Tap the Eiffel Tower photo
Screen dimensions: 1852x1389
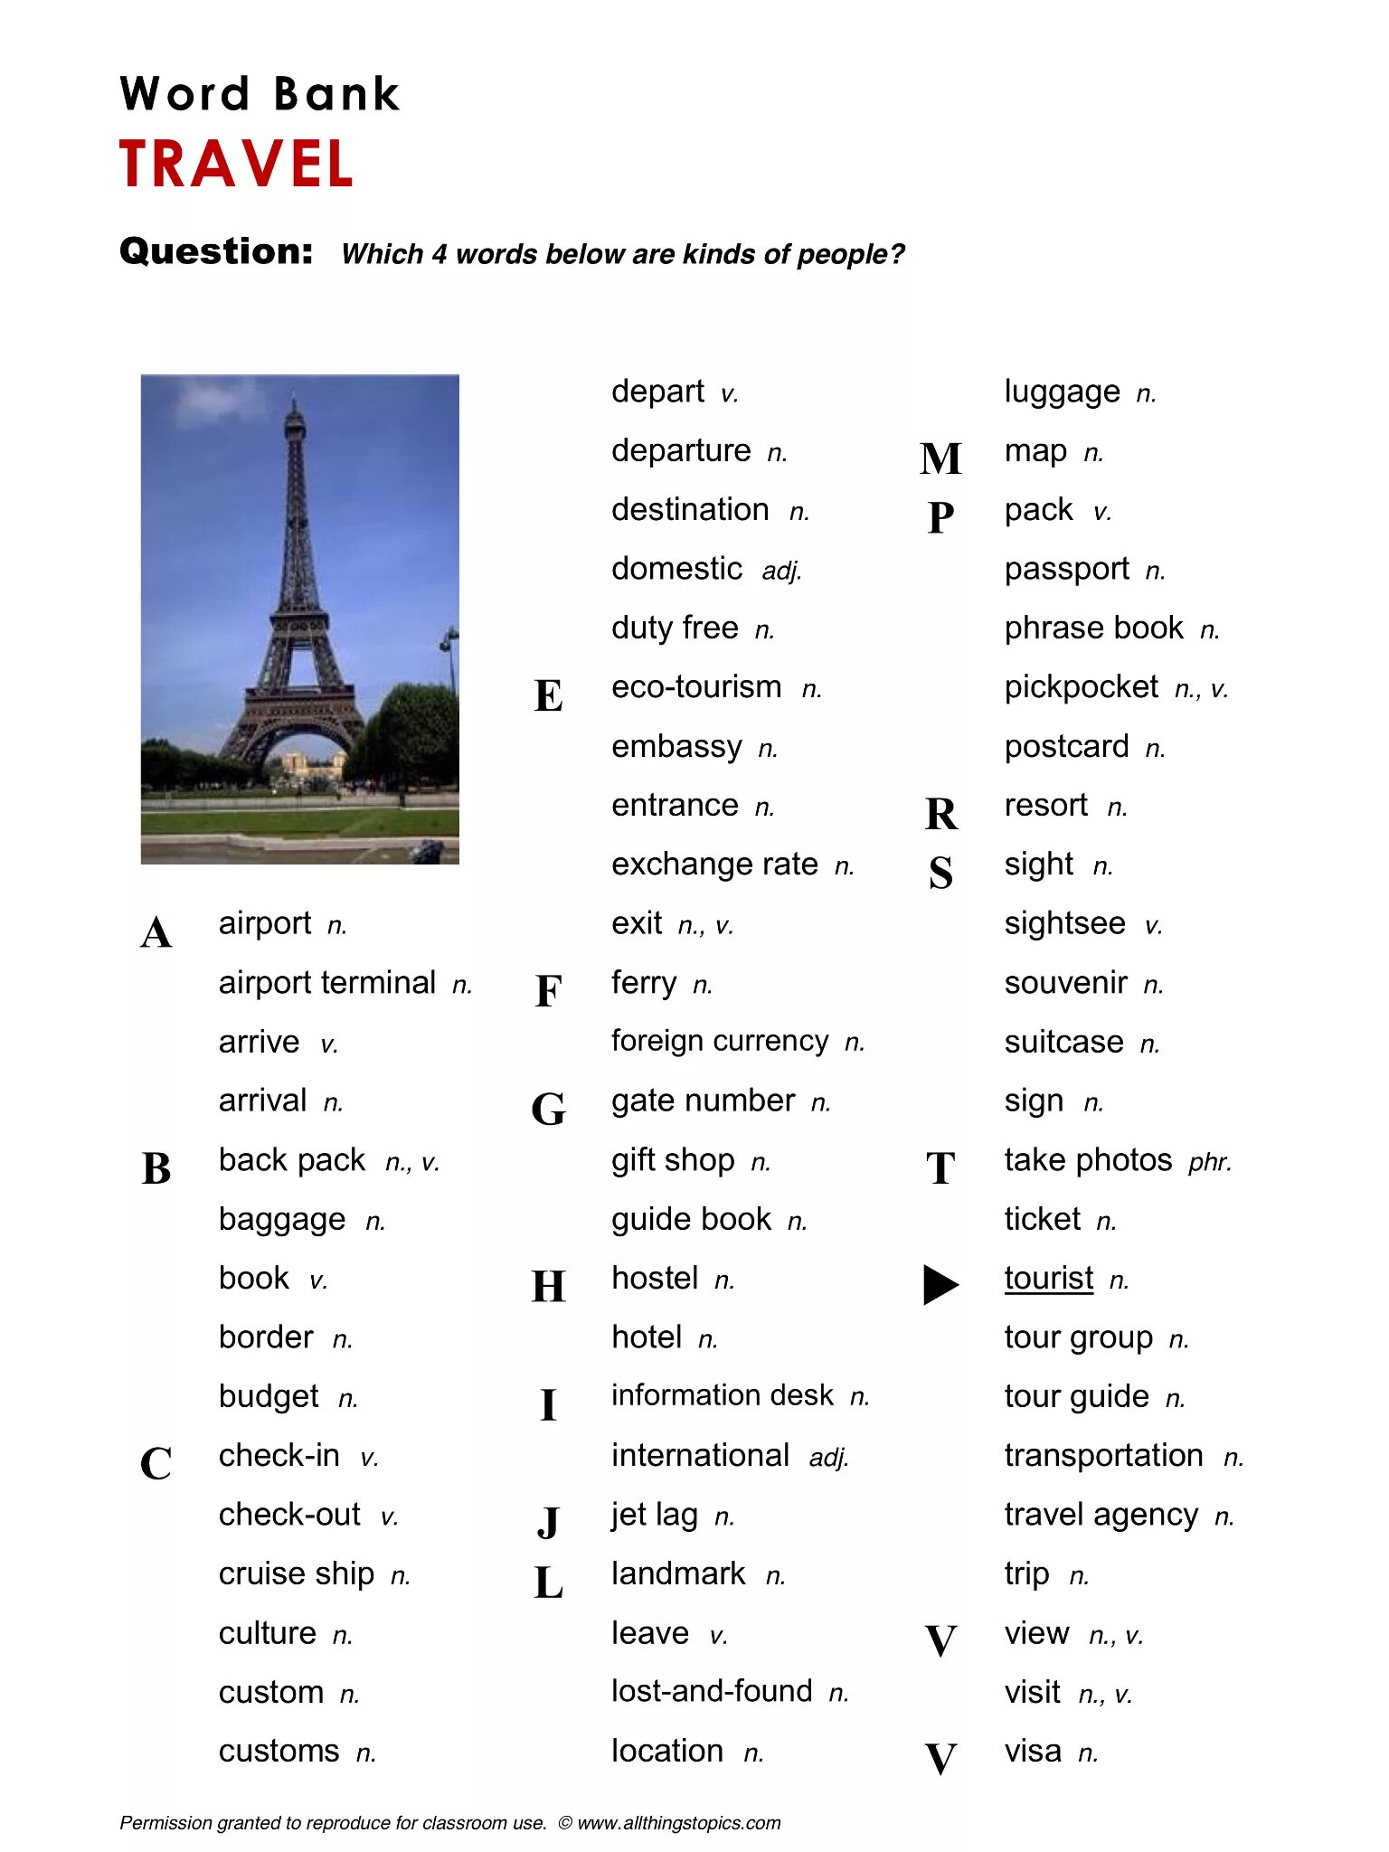[x=299, y=619]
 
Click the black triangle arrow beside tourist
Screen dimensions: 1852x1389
[x=940, y=1284]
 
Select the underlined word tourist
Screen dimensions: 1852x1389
[x=1048, y=1279]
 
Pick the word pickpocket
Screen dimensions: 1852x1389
[x=1081, y=688]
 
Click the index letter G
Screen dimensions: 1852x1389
[x=548, y=1109]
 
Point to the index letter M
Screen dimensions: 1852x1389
[x=940, y=458]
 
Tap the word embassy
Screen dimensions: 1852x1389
[x=676, y=747]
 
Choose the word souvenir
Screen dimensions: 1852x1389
[x=1065, y=983]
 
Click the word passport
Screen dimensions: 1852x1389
[x=1066, y=570]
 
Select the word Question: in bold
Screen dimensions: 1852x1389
[x=216, y=251]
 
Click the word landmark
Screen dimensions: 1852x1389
[x=678, y=1574]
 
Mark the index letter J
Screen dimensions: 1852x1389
[x=548, y=1522]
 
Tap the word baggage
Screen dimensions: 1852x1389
[x=282, y=1220]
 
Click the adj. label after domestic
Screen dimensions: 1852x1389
[x=781, y=572]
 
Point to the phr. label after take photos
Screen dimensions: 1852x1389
[x=1210, y=1162]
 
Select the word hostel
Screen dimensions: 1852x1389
[x=655, y=1279]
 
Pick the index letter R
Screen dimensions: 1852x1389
[x=940, y=814]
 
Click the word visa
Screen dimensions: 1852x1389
[x=1033, y=1752]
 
